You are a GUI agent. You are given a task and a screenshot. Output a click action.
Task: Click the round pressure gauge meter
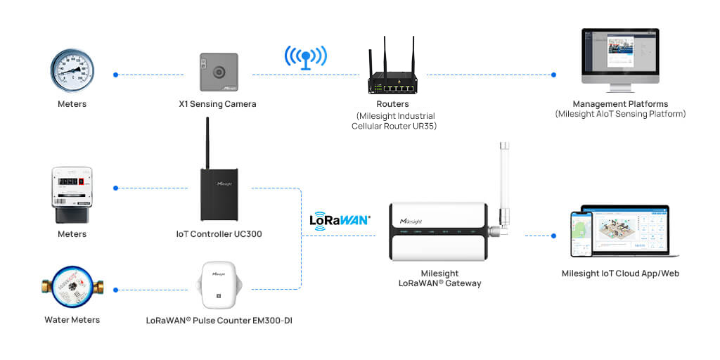(72, 72)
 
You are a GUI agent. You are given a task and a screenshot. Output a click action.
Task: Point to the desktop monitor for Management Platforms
(619, 56)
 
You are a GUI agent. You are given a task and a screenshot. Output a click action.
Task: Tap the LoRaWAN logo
(340, 219)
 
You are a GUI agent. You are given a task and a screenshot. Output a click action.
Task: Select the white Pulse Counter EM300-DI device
(218, 285)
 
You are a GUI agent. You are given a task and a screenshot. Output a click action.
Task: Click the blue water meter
(72, 288)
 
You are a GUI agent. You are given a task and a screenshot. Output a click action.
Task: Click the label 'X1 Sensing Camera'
(217, 104)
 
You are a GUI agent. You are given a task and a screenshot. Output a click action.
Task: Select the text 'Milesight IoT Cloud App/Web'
(620, 274)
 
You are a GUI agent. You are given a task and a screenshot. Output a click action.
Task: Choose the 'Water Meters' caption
(72, 320)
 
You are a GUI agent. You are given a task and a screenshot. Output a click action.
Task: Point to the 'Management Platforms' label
(619, 104)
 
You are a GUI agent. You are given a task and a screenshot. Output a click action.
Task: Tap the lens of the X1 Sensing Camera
(219, 72)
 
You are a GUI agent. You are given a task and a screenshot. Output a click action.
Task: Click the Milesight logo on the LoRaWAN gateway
(415, 220)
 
